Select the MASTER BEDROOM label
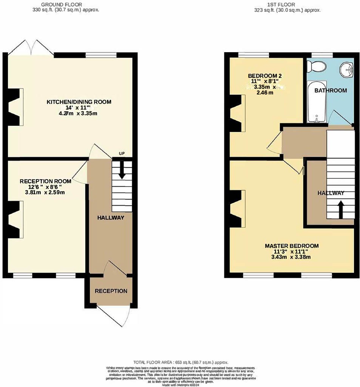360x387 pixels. pos(291,246)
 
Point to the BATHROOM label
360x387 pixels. pos(331,90)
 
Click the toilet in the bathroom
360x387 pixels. pos(317,67)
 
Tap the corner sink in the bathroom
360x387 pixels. pos(347,70)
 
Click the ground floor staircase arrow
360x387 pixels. pos(122,170)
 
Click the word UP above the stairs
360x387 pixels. pos(122,153)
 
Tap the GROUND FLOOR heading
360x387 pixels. pos(66,4)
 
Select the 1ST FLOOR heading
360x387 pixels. pos(288,4)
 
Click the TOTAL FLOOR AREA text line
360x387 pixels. pos(181,362)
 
